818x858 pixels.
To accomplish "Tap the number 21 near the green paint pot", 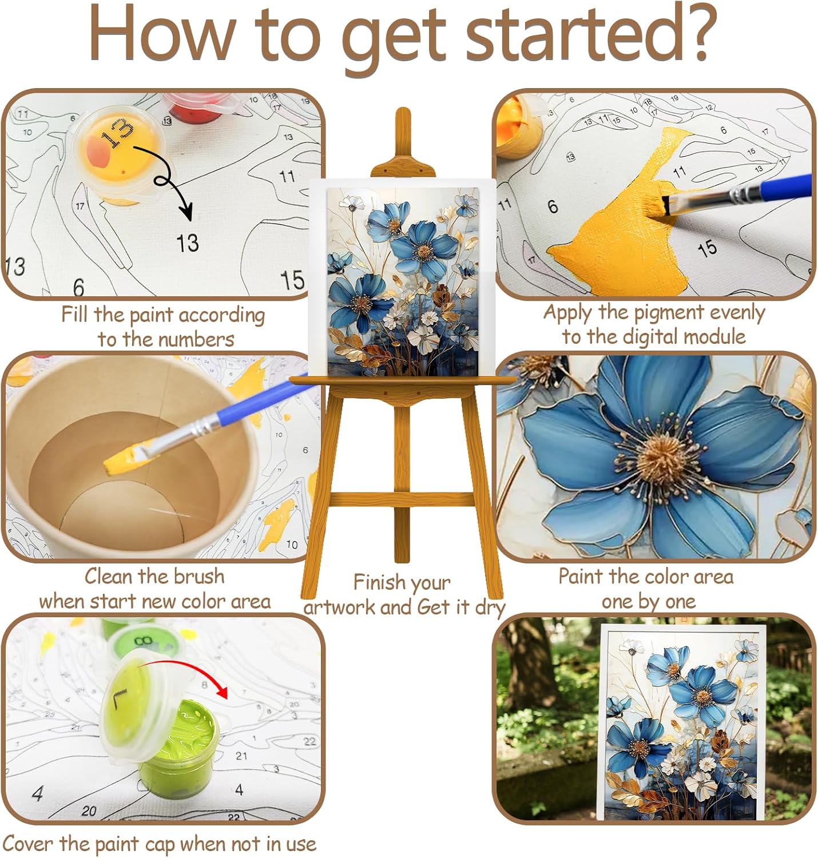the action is point(241,756).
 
